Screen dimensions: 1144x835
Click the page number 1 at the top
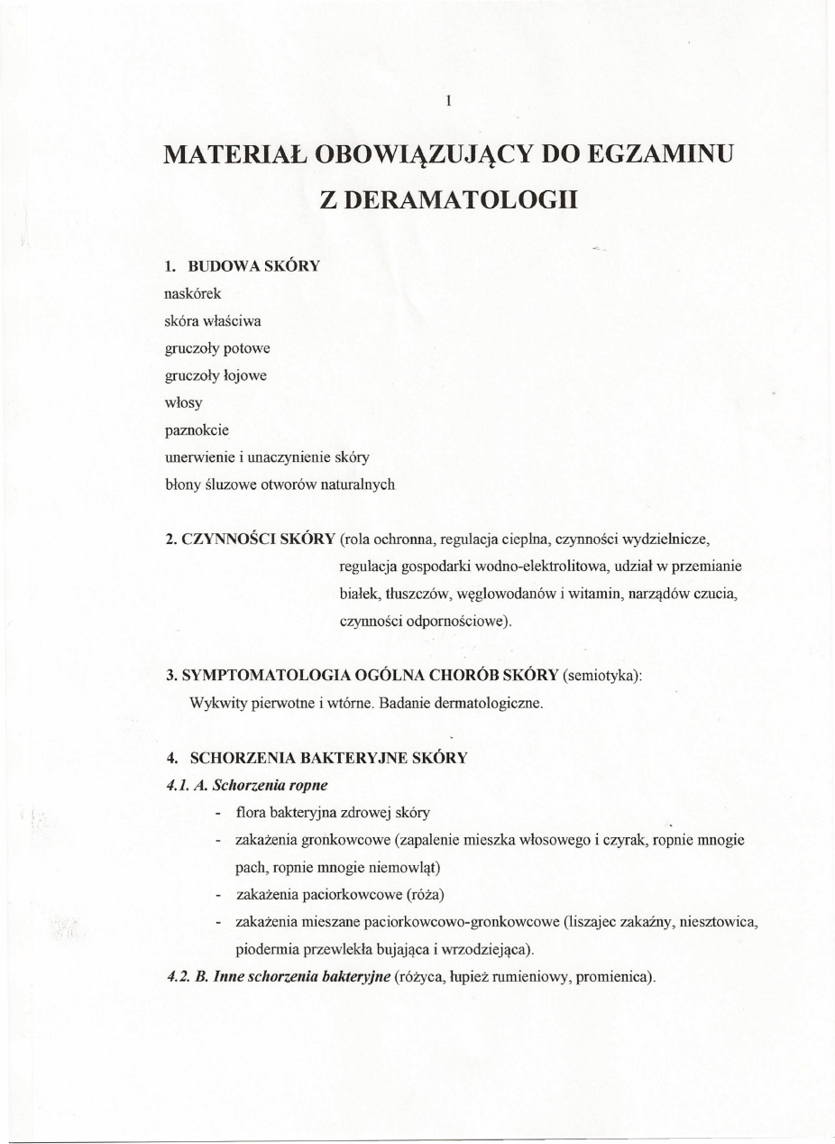[x=447, y=101]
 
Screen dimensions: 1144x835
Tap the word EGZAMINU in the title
[x=661, y=153]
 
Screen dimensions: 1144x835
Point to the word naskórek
[x=187, y=293]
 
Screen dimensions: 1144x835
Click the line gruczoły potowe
[x=216, y=347]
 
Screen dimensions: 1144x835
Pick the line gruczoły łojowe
[x=216, y=374]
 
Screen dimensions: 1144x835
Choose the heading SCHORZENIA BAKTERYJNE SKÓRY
[x=328, y=758]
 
